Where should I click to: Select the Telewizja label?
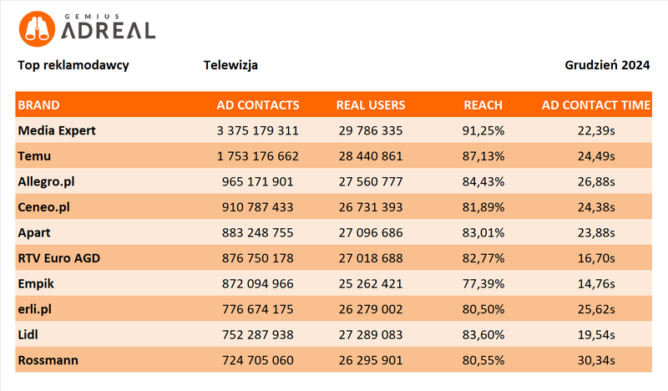pyautogui.click(x=230, y=65)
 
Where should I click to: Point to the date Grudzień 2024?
pyautogui.click(x=607, y=65)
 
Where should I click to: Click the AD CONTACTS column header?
pyautogui.click(x=257, y=105)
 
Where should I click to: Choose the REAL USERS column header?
pyautogui.click(x=370, y=105)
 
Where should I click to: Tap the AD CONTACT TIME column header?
pyautogui.click(x=595, y=105)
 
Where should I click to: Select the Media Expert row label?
pyautogui.click(x=57, y=130)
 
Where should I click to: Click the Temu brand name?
pyautogui.click(x=35, y=155)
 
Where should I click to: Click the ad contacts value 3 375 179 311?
pyautogui.click(x=257, y=130)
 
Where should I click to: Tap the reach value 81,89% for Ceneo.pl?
pyautogui.click(x=483, y=207)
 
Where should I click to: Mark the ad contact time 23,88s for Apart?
pyautogui.click(x=600, y=233)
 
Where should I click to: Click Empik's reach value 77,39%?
pyautogui.click(x=483, y=284)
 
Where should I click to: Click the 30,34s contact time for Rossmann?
pyautogui.click(x=600, y=361)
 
